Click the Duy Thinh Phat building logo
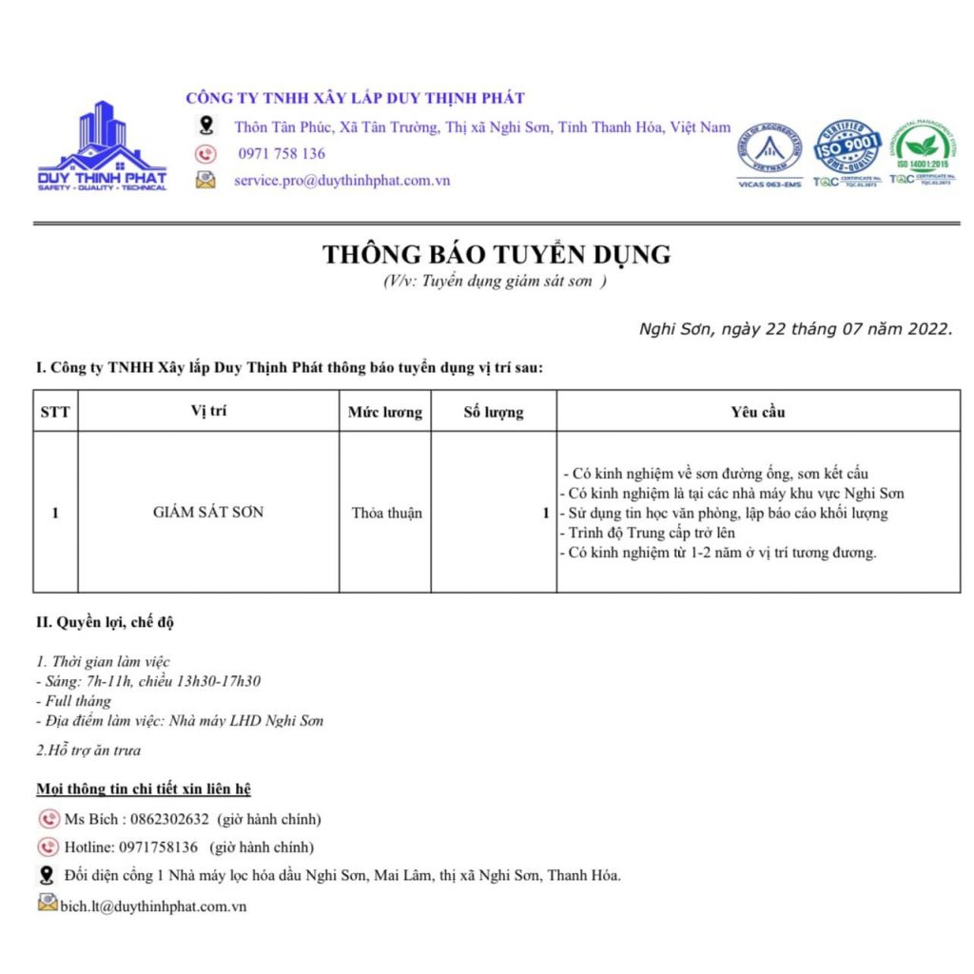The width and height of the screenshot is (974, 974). point(102,145)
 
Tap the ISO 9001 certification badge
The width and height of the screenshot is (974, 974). point(847,148)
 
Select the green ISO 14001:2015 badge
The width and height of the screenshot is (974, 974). point(921,148)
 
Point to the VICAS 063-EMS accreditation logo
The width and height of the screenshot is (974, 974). point(770,152)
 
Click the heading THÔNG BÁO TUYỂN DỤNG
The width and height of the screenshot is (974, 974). point(496,255)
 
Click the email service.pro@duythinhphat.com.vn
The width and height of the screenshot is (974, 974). point(342,180)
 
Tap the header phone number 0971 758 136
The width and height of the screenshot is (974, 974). point(282,153)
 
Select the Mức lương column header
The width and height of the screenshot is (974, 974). point(384,412)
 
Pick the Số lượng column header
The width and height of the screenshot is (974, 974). point(493,412)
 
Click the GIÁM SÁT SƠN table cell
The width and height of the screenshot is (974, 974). point(208,512)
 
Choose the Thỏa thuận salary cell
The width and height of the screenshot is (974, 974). point(386,513)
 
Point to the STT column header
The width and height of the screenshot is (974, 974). point(55,412)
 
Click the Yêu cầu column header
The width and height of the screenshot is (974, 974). point(758,412)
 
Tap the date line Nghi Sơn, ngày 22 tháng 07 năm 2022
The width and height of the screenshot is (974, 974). point(795,329)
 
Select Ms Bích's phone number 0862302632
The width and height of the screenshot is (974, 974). point(163,819)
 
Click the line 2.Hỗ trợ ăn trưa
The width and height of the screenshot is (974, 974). point(88,750)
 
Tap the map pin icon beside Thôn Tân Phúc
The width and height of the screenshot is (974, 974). point(205,127)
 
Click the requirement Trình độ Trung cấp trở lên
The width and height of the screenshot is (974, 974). point(648,533)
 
